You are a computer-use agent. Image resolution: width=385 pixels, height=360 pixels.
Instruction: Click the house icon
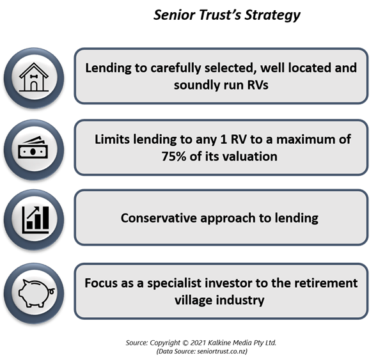[x=34, y=77]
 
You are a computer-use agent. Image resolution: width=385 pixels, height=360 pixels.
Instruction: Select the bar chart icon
[x=36, y=219]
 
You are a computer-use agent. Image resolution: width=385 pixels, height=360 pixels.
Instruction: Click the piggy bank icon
[x=36, y=293]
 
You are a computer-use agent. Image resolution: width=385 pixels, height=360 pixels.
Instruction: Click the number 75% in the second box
[x=173, y=157]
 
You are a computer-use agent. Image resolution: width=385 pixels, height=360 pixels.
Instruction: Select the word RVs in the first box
[x=258, y=85]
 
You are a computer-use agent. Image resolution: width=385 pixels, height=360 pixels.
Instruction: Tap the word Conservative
[x=159, y=218]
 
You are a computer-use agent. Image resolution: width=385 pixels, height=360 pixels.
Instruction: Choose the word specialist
[x=174, y=283]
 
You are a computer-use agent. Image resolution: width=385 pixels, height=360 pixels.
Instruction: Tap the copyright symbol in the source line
[x=185, y=343]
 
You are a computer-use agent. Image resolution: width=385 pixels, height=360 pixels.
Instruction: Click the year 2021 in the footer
[x=198, y=343]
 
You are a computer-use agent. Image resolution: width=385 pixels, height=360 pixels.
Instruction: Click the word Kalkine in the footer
[x=219, y=343]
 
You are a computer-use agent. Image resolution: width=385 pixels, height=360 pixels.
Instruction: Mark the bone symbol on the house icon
[x=33, y=76]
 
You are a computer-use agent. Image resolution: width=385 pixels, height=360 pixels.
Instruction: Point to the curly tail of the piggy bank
[x=52, y=291]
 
